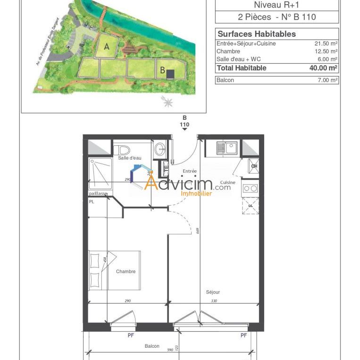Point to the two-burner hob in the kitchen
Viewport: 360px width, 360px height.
250,188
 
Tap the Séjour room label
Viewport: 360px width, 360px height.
213,292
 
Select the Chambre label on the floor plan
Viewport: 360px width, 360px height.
126,271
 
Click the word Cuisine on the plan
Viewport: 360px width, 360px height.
228,182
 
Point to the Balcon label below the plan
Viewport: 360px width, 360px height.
152,346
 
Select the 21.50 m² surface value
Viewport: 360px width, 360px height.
326,43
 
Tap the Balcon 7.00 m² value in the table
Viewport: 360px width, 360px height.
327,80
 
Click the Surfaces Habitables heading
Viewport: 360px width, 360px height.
257,34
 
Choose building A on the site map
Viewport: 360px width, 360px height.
107,46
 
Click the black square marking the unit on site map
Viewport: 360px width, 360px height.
170,74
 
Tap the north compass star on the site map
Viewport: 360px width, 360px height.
167,101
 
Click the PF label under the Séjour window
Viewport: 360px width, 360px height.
244,335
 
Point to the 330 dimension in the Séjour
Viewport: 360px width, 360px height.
214,301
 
